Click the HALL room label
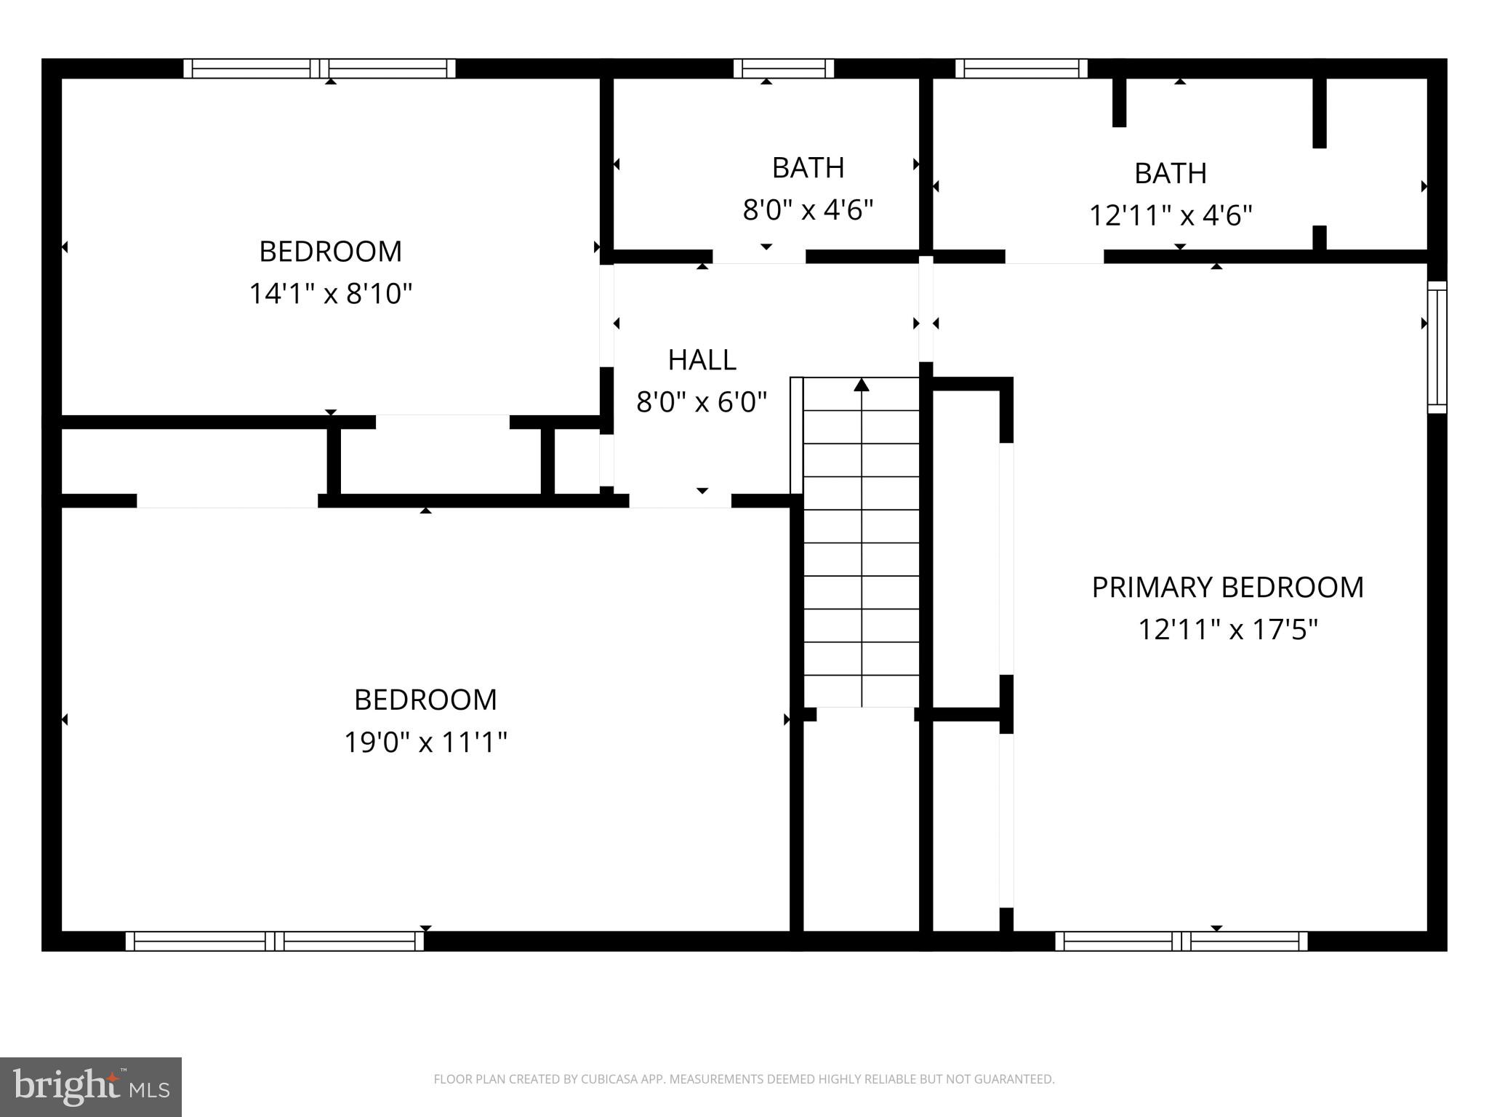coord(702,359)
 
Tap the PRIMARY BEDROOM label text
coord(1227,587)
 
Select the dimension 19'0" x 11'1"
coord(425,742)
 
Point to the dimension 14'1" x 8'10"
coord(331,294)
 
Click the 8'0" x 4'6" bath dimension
coord(808,210)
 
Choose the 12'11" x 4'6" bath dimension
coord(1171,215)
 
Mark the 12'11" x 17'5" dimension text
coord(1227,629)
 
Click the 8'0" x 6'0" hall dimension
coord(702,401)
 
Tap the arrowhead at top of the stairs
coord(862,384)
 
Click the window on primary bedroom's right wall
coord(1437,347)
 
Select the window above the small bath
coord(783,68)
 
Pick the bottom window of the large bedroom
coord(275,941)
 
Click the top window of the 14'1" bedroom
coord(319,68)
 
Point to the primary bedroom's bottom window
coord(1181,941)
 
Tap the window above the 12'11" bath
coord(1021,68)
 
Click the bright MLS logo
coord(90,1086)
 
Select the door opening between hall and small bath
coord(759,256)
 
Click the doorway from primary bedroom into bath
coord(1054,256)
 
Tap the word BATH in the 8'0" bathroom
coord(808,168)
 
